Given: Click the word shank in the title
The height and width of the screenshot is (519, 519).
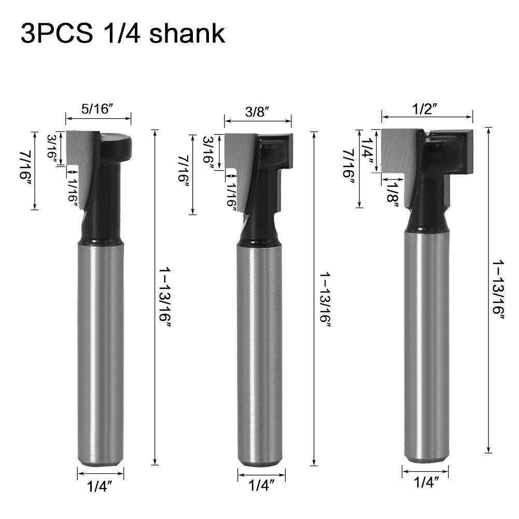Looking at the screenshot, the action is [187, 33].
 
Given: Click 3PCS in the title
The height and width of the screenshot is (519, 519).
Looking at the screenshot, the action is [57, 33].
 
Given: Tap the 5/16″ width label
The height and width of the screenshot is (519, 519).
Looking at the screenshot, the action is [97, 108].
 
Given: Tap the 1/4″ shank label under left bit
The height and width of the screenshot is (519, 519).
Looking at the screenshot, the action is [100, 486].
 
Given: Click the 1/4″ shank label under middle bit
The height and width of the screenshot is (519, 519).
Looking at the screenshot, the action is [261, 486].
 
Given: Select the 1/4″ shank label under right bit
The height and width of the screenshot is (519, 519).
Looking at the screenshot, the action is [426, 482].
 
